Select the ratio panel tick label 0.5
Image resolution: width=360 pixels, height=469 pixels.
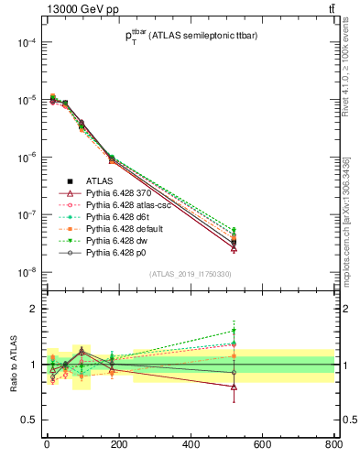click(x=27, y=420)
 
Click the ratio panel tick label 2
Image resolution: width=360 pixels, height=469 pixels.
click(x=31, y=309)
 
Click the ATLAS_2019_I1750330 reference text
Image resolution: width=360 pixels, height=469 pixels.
click(x=191, y=274)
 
